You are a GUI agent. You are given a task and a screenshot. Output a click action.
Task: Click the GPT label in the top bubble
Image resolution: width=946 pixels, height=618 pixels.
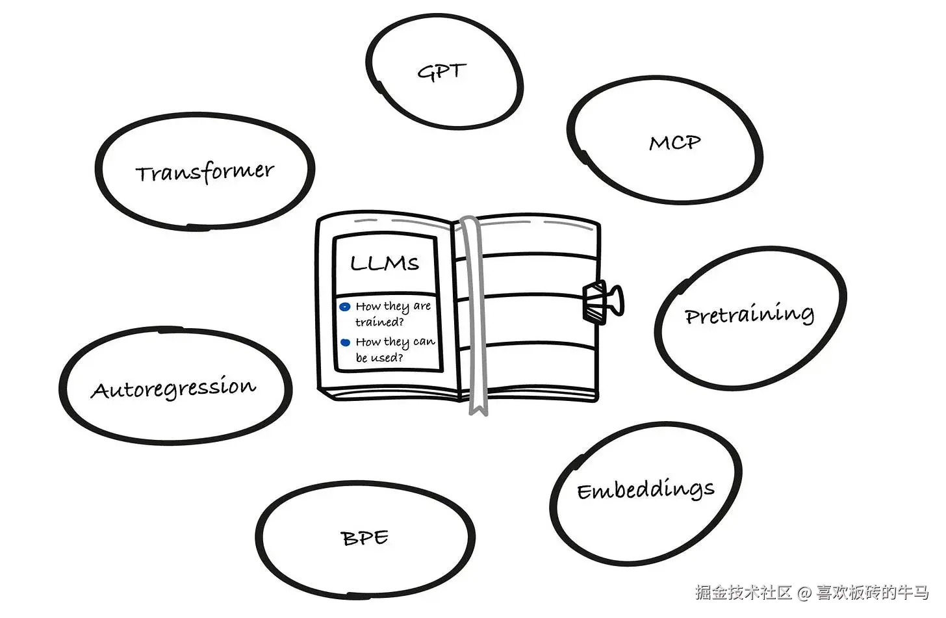pos(442,71)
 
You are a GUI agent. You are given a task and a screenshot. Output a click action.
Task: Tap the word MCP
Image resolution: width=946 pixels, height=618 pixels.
pos(675,142)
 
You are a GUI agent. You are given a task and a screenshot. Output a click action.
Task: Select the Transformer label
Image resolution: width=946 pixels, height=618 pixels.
pos(205,173)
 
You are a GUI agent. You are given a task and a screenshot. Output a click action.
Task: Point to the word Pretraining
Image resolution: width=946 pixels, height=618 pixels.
pos(749,315)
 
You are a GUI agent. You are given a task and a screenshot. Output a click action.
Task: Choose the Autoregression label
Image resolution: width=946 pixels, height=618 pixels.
pos(173,389)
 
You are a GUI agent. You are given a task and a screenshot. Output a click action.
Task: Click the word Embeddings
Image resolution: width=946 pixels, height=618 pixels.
pos(646,490)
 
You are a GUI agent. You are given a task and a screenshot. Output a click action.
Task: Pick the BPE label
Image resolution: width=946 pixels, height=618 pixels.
pos(364,538)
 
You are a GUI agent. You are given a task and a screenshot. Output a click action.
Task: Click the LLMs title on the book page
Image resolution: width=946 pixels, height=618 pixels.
pos(385,263)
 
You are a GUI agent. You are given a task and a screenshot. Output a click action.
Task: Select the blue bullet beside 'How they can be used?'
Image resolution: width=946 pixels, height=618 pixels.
pos(346,342)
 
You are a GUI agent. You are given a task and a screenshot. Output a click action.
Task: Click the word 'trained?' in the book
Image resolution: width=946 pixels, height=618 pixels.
pos(379,322)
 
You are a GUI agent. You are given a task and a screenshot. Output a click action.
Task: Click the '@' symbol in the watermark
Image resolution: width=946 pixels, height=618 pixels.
pos(804,593)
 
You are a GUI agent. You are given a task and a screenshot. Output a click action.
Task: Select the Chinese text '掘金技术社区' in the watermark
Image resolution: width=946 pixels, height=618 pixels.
pos(743,593)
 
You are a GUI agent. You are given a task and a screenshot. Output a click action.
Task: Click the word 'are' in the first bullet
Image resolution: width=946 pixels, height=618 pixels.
pos(422,306)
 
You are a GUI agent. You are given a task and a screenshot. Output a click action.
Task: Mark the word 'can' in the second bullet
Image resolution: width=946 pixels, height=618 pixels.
pos(424,342)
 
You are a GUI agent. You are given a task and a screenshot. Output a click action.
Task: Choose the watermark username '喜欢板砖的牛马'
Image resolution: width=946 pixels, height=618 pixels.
pos(873,593)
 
